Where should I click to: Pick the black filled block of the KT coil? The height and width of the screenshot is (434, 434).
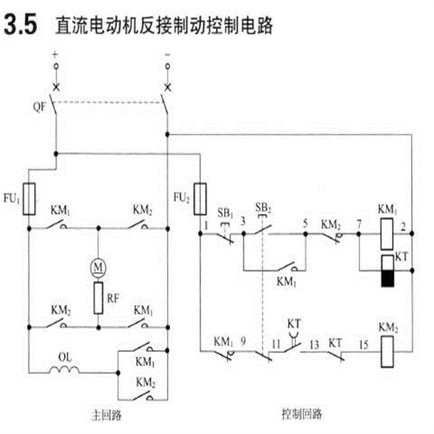387,279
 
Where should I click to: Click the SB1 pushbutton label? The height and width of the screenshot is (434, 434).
225,211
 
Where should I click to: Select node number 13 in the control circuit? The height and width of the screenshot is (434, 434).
313,341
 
